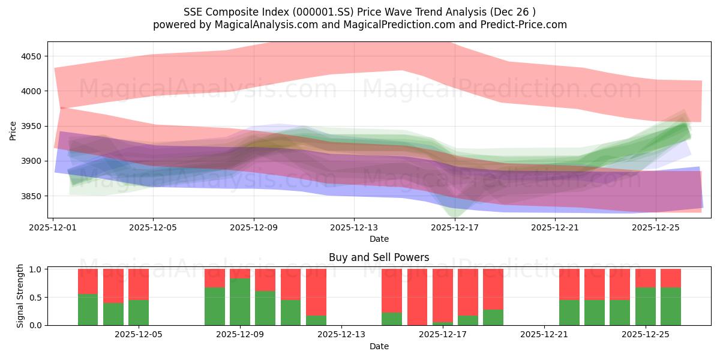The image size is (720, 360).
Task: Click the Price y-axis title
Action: [13, 130]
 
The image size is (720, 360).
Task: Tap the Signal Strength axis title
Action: [20, 296]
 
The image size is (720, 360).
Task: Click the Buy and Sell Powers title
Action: [379, 257]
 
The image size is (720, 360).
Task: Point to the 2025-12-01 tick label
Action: [53, 227]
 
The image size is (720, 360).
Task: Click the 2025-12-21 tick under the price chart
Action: [554, 227]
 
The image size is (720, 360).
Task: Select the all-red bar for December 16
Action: [418, 297]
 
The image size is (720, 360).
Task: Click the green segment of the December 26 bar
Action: [671, 307]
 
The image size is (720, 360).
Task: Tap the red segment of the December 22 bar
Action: [569, 284]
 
